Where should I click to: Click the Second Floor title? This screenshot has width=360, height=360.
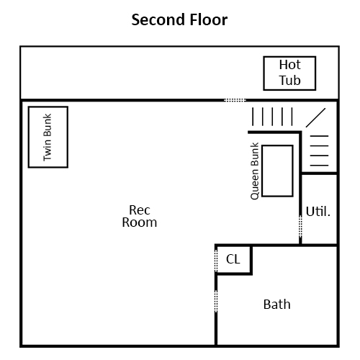point(179,19)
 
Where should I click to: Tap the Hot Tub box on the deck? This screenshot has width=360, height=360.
point(289,57)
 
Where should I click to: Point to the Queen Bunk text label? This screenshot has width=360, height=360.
point(254,171)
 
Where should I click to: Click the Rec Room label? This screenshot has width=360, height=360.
point(140,216)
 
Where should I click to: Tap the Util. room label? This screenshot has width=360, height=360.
point(318,212)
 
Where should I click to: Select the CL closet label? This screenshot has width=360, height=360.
point(233,259)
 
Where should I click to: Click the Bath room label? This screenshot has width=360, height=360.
point(277,305)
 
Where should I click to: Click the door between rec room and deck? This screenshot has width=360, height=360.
point(235,100)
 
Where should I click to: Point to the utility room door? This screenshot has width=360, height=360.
point(300,226)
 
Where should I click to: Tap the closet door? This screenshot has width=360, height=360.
point(216,261)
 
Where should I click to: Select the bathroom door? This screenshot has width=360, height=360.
point(216,301)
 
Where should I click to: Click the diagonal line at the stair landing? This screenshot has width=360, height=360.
point(315,117)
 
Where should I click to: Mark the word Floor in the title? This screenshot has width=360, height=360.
point(208,19)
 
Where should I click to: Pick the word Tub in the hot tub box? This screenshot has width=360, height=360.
point(289,80)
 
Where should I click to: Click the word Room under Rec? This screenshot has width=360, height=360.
point(140,222)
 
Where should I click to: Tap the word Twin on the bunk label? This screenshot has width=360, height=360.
point(48,150)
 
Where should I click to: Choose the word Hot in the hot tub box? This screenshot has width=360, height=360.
point(289,65)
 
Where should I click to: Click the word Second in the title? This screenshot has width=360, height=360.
point(158,19)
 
